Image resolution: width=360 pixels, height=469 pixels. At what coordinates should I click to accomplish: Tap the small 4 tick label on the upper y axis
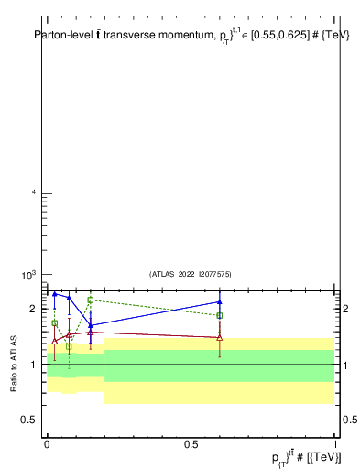pos(34,192)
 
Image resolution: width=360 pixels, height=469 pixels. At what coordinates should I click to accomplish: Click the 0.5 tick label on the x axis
pos(191,442)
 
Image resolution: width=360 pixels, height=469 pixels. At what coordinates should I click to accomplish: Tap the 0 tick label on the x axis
pos(47,442)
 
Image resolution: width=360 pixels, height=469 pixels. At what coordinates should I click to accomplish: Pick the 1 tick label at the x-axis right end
pos(334,442)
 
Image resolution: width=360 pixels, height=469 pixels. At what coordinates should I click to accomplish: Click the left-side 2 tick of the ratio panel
pos(31,309)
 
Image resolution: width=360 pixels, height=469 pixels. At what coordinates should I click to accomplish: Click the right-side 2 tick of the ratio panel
pos(346,309)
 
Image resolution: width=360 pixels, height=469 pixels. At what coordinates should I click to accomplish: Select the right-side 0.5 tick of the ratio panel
pos(349,420)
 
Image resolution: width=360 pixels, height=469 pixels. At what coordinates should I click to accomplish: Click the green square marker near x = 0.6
pos(220,316)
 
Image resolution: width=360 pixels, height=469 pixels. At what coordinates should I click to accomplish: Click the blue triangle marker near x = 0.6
pos(220,301)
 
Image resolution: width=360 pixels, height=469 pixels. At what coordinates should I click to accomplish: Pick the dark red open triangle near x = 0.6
pos(220,337)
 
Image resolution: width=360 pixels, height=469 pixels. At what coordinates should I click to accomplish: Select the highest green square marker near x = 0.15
pos(90,300)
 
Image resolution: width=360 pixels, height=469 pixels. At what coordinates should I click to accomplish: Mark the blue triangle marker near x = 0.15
pos(90,325)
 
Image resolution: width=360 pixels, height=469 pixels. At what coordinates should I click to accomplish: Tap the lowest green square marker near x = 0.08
pos(69,346)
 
